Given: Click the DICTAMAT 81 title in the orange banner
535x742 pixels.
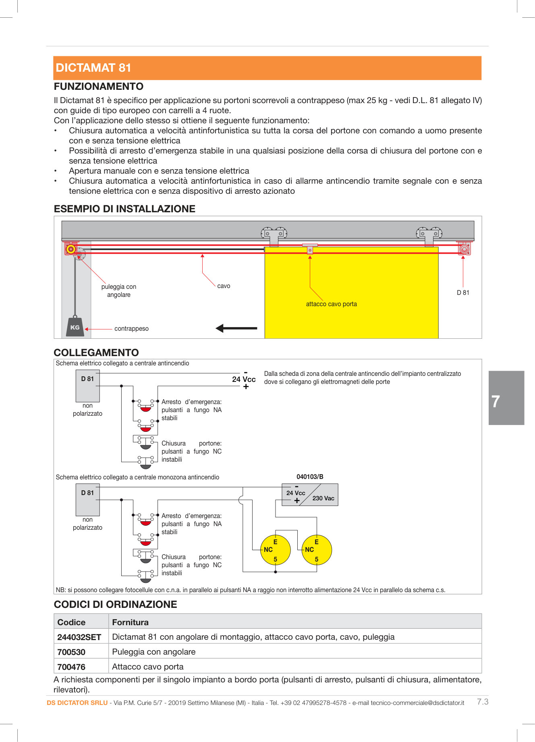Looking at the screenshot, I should pyautogui.click(x=93, y=68).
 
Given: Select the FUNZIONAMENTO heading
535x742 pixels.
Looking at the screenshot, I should pyautogui.click(x=99, y=87).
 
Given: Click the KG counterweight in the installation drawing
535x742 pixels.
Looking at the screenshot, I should pyautogui.click(x=75, y=327).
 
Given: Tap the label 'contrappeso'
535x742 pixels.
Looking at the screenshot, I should pyautogui.click(x=131, y=329).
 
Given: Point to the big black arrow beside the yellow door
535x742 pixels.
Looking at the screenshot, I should pyautogui.click(x=236, y=328).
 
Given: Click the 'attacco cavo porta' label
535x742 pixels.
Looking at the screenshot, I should pyautogui.click(x=331, y=304).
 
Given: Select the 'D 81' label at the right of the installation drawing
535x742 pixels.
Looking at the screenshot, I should pyautogui.click(x=463, y=293).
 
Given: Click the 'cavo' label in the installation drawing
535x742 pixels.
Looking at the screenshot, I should pyautogui.click(x=224, y=286).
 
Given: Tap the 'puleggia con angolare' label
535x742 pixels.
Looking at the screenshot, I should pyautogui.click(x=119, y=291).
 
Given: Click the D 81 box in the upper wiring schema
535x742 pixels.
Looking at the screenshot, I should pyautogui.click(x=87, y=386).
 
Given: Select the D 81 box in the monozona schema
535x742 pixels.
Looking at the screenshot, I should pyautogui.click(x=87, y=500).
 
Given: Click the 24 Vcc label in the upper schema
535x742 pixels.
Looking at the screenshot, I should pyautogui.click(x=244, y=379).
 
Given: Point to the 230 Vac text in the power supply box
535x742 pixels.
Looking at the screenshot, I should pyautogui.click(x=323, y=498).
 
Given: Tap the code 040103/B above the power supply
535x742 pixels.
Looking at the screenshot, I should pyautogui.click(x=310, y=477).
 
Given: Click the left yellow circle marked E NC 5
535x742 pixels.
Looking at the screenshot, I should pyautogui.click(x=276, y=550).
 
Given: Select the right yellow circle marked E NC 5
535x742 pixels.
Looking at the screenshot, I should pyautogui.click(x=317, y=550).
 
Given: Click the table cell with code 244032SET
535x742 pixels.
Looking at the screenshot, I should pyautogui.click(x=79, y=637).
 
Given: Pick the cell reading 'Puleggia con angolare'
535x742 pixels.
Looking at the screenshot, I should pyautogui.click(x=154, y=652).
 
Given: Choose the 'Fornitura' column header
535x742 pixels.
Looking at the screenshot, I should pyautogui.click(x=130, y=622).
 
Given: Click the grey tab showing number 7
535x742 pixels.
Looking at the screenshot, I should pyautogui.click(x=506, y=398).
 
